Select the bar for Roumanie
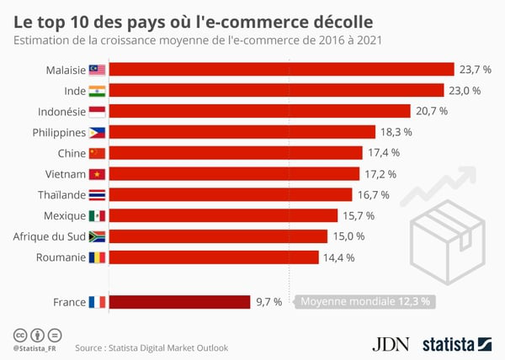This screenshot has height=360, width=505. tap(215, 257)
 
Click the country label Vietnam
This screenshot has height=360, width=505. tap(64, 173)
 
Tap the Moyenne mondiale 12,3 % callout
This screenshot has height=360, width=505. tap(365, 301)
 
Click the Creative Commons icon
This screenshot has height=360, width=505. tap(19, 334)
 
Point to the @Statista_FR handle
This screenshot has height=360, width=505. tap(35, 347)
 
